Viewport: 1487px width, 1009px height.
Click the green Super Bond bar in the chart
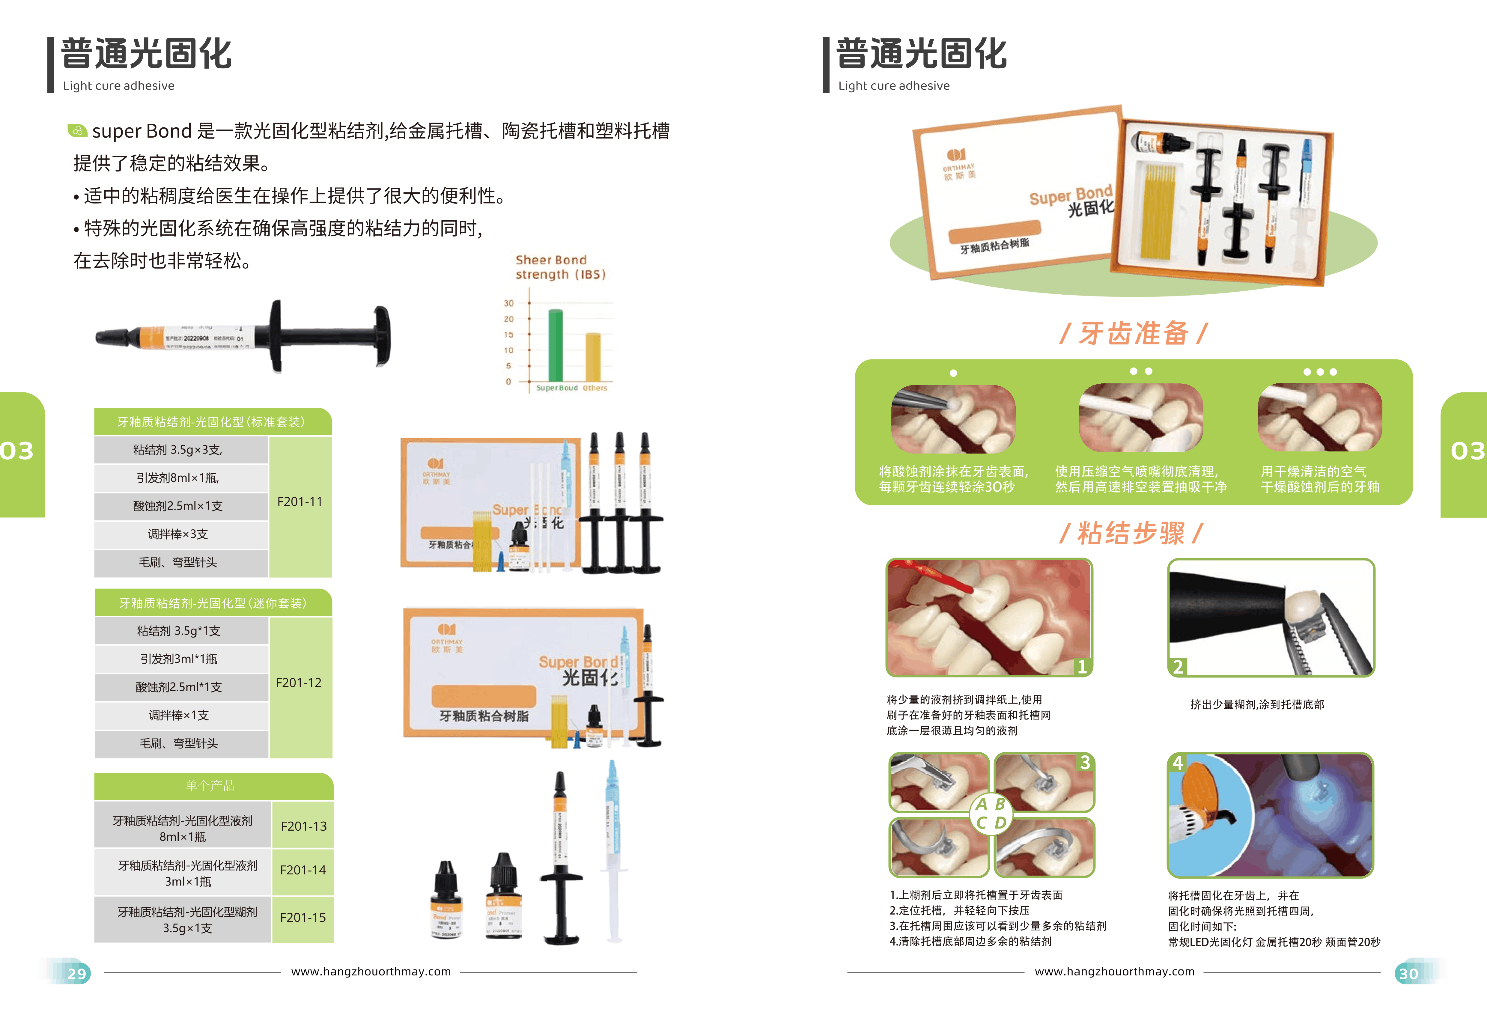coord(556,346)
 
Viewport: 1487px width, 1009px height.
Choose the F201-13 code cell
coord(303,826)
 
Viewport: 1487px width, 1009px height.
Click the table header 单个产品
coord(210,786)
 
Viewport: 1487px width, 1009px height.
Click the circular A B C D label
coord(991,813)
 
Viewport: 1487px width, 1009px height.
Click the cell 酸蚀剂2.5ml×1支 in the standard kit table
coord(178,506)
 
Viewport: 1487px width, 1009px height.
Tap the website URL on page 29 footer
coord(371,971)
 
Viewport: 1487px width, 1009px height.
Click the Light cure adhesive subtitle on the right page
coord(894,86)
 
